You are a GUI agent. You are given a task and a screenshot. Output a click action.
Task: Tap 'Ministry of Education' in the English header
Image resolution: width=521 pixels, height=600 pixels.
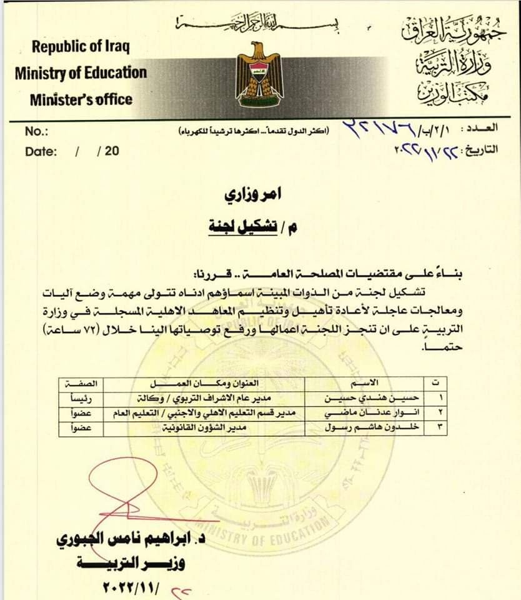[81, 72]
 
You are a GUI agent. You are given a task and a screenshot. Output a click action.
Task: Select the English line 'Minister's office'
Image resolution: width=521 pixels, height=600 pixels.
[81, 99]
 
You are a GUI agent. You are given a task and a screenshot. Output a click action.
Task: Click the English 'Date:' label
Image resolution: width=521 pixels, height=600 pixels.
[41, 151]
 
